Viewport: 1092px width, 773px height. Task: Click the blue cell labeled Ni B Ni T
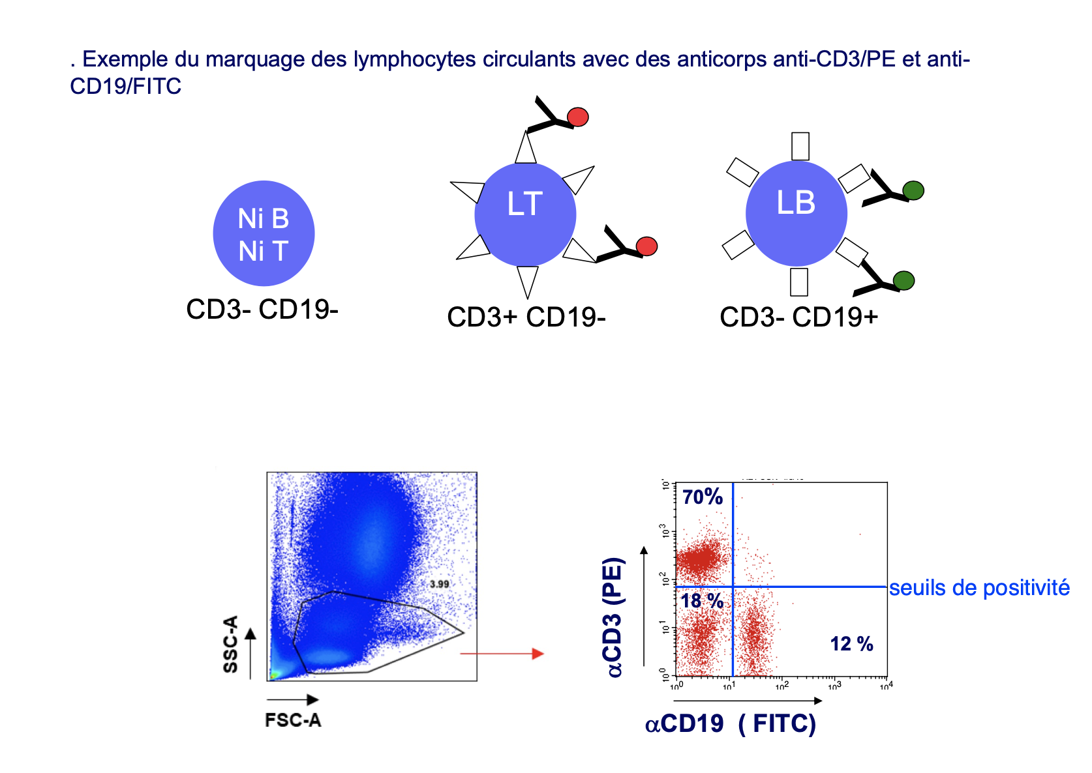pyautogui.click(x=264, y=233)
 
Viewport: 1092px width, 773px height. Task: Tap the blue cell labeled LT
pyautogui.click(x=525, y=214)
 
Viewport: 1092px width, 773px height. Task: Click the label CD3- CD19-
pyautogui.click(x=262, y=310)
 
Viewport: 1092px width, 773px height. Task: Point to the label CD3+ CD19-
pyautogui.click(x=526, y=317)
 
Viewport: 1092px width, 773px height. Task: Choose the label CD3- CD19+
pyautogui.click(x=798, y=317)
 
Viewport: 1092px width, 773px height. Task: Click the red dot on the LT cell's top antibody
pyautogui.click(x=578, y=117)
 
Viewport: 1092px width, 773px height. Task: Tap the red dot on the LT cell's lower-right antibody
pyautogui.click(x=646, y=246)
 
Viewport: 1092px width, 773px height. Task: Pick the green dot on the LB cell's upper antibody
pyautogui.click(x=913, y=191)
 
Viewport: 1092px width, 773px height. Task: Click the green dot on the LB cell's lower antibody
pyautogui.click(x=903, y=280)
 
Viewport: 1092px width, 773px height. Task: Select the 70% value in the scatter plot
pyautogui.click(x=703, y=497)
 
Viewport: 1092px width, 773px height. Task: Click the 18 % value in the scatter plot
pyautogui.click(x=703, y=601)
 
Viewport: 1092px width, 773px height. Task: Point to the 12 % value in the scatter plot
pyautogui.click(x=851, y=644)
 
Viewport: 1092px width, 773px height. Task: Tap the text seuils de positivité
pyautogui.click(x=979, y=588)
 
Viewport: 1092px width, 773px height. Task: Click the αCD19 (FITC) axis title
pyautogui.click(x=731, y=723)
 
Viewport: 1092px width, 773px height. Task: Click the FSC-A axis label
pyautogui.click(x=293, y=720)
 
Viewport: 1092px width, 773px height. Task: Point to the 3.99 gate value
pyautogui.click(x=439, y=584)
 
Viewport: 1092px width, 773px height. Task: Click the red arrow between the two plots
pyautogui.click(x=502, y=653)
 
